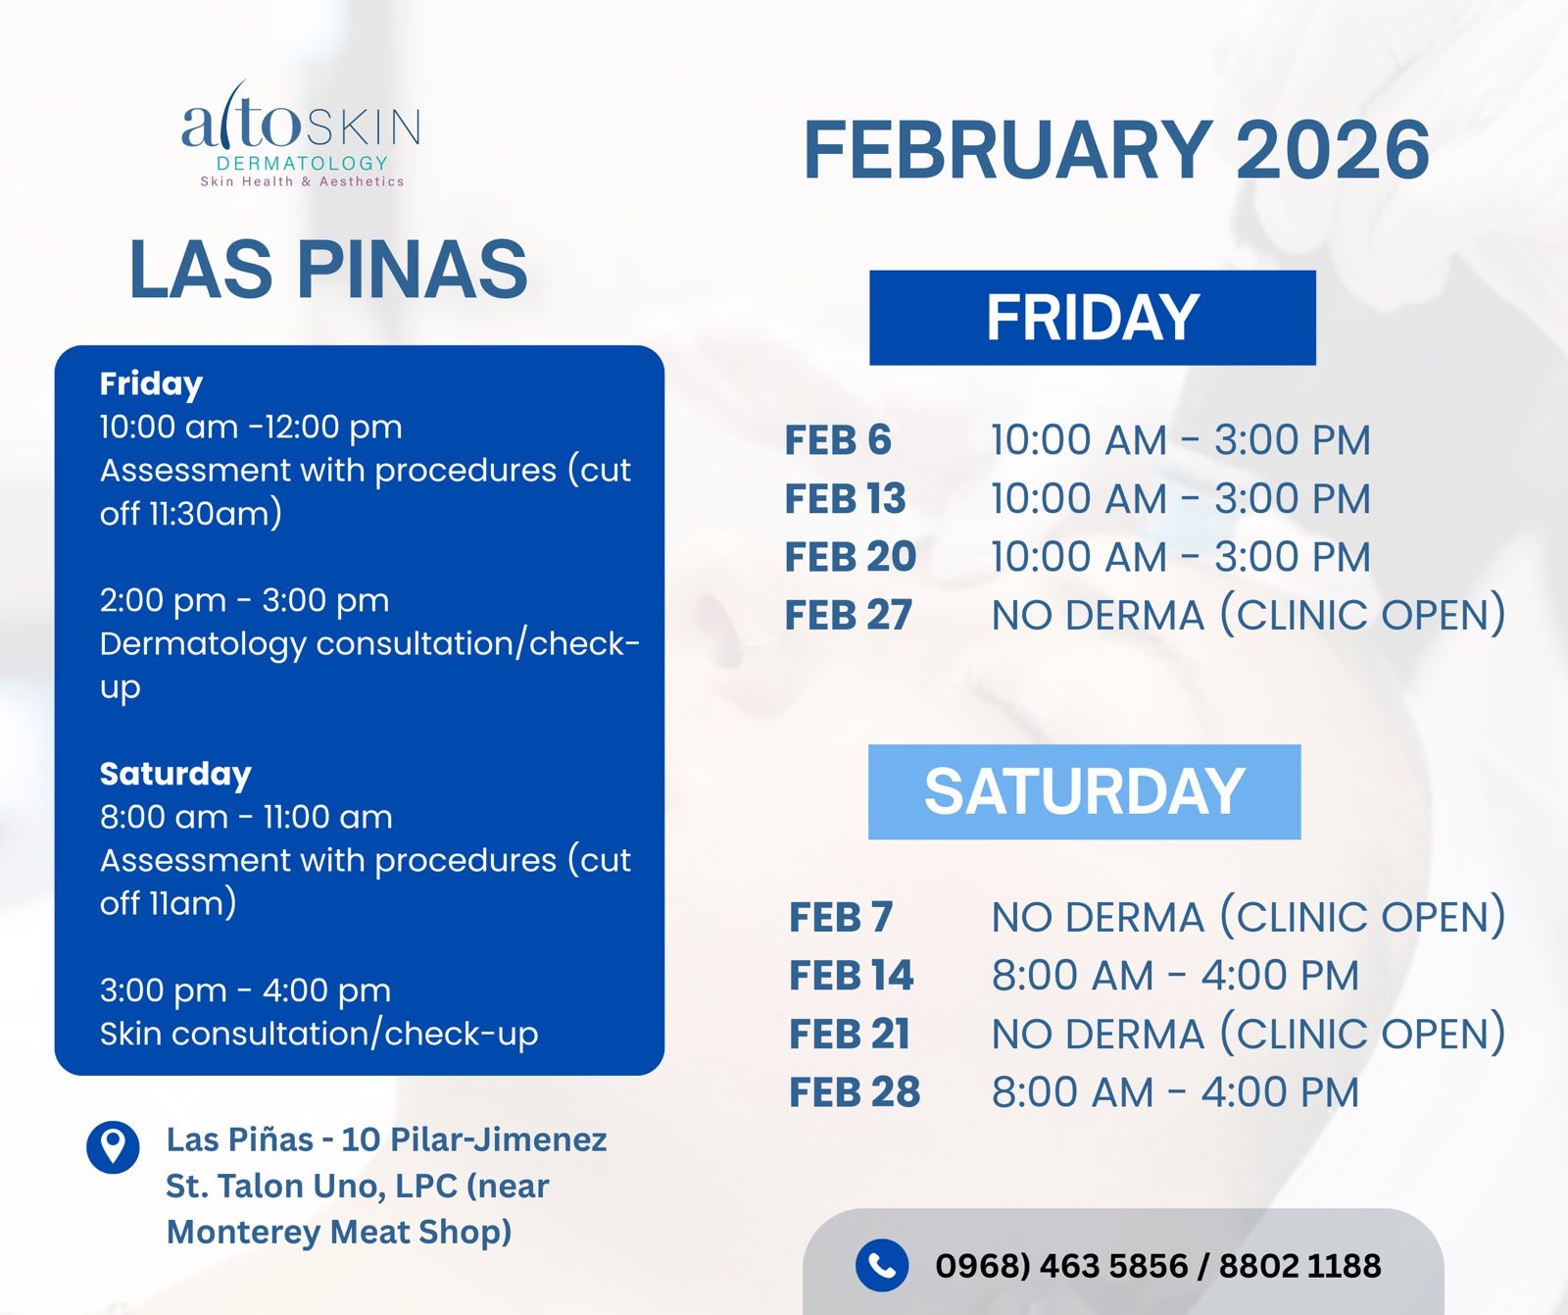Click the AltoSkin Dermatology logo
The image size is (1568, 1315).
point(302,135)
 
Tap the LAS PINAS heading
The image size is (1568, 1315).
point(328,269)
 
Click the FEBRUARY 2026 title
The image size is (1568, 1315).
point(1116,150)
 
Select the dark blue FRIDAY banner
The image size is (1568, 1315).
point(1093,318)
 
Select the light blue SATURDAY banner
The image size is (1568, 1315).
point(1085,791)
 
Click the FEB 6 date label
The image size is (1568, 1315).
point(838,440)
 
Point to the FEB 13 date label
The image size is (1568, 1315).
point(846,498)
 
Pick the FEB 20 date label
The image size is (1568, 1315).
point(851,557)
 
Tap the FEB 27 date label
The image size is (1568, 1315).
point(849,616)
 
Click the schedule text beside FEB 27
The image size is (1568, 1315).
point(1249,615)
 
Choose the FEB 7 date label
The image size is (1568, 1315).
point(841,917)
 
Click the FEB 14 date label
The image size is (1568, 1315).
point(851,976)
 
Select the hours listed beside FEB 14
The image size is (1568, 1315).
point(1175,976)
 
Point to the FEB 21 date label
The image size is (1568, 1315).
point(850,1034)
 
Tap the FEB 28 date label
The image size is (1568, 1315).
point(855,1092)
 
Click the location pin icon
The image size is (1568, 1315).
point(113,1147)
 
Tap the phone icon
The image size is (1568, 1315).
point(882,1265)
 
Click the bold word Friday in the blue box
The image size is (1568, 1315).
point(151,384)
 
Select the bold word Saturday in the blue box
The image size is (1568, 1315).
point(175,775)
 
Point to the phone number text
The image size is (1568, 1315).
point(1158,1266)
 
